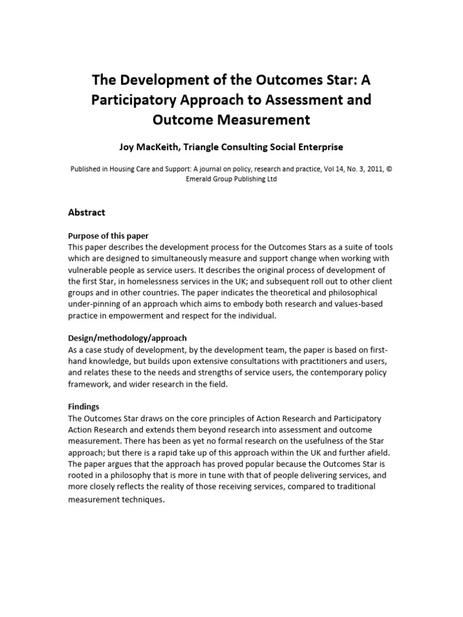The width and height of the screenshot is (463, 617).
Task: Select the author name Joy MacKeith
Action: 156,146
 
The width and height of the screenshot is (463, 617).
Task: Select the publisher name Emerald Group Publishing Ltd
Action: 231,180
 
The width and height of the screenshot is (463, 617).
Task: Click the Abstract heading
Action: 87,212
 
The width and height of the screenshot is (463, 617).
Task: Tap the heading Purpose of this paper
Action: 109,235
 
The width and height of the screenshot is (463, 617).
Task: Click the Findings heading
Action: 84,407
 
